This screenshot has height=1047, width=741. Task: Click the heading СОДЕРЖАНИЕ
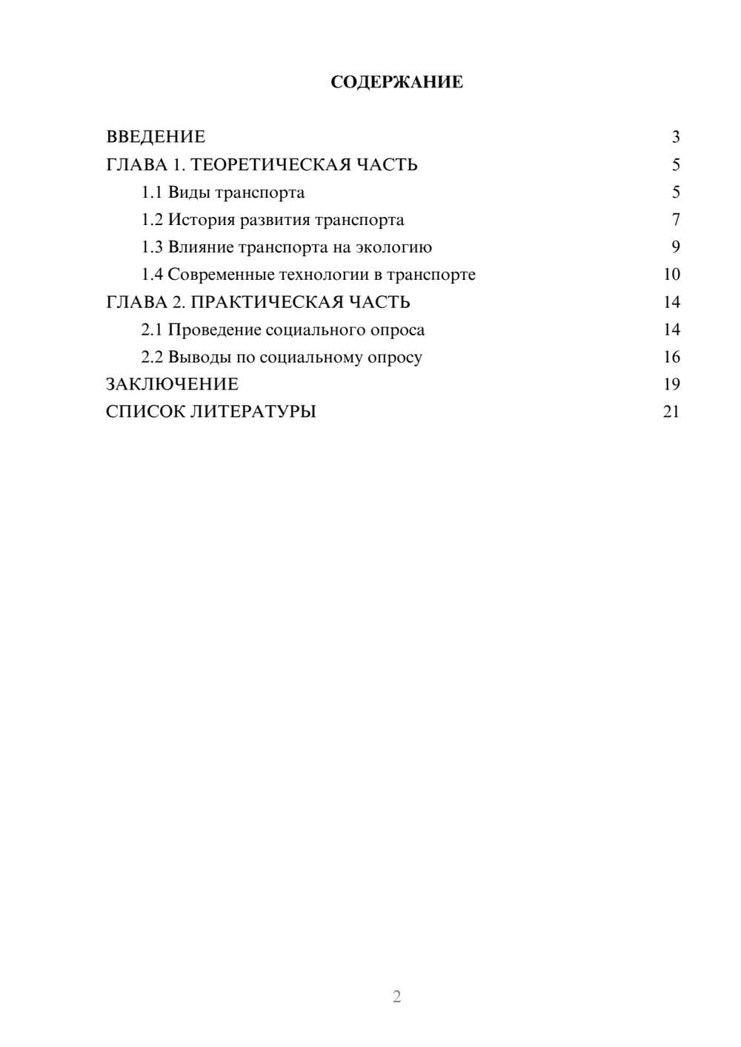coord(396,82)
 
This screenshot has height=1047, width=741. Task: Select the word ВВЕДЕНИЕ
coord(156,137)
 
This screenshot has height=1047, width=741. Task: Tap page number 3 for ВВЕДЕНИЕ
coord(675,137)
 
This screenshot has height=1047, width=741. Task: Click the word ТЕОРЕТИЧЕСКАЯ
coord(267,164)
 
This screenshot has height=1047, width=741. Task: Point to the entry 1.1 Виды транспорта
coord(223,193)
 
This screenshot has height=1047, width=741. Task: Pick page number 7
coord(675,220)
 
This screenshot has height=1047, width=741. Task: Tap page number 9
coord(675,247)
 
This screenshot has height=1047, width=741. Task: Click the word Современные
coord(220,275)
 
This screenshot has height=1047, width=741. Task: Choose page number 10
coord(671,275)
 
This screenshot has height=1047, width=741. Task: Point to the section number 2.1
coord(152,330)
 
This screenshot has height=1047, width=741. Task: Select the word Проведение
coord(214,330)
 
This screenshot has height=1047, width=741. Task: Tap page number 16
coord(671,357)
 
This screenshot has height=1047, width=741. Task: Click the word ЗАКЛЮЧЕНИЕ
coord(172,384)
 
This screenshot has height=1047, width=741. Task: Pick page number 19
coord(671,384)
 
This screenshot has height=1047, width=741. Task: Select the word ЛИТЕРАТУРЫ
coord(253,412)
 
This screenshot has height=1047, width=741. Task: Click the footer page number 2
coord(396,997)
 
